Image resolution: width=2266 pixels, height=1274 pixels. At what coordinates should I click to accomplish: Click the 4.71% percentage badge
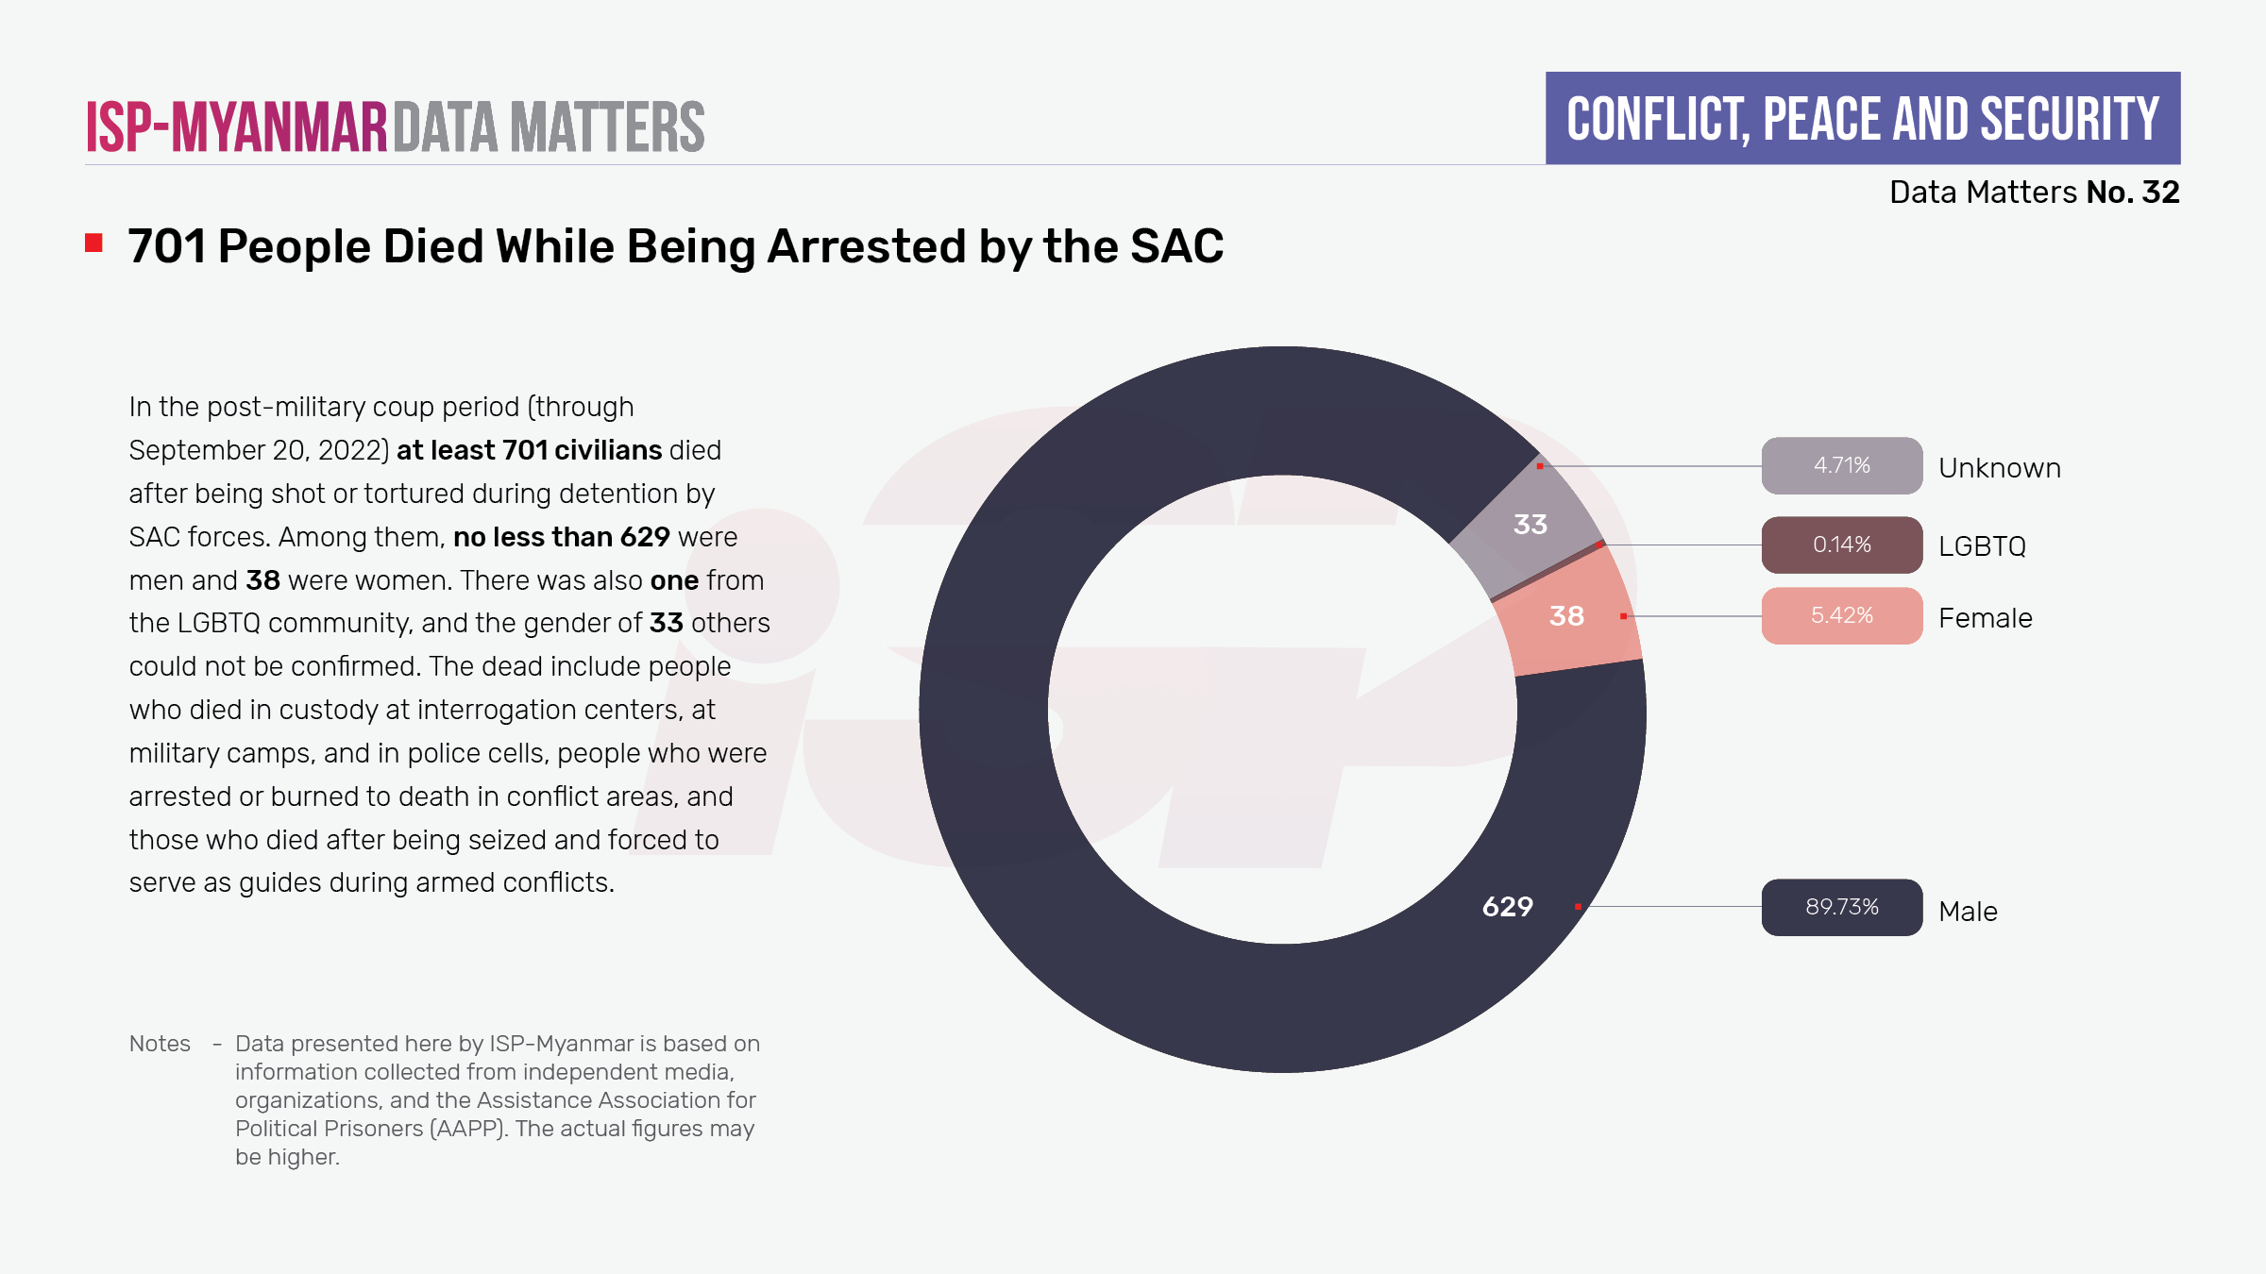pyautogui.click(x=1841, y=465)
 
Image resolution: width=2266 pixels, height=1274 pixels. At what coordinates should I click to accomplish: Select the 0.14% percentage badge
pyautogui.click(x=1841, y=545)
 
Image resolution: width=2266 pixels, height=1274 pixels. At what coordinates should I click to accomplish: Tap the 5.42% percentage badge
pyautogui.click(x=1841, y=615)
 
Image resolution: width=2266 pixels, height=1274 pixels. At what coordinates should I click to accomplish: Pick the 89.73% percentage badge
pyautogui.click(x=1841, y=907)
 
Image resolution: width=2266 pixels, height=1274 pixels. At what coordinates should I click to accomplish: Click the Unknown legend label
pyautogui.click(x=1999, y=468)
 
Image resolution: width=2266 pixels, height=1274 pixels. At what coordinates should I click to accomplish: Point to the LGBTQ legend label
pyautogui.click(x=1982, y=546)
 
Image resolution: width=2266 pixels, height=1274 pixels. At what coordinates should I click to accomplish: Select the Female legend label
pyautogui.click(x=1985, y=618)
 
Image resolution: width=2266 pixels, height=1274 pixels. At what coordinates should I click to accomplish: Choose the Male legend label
pyautogui.click(x=1968, y=912)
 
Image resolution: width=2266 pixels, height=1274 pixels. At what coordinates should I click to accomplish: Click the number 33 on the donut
pyautogui.click(x=1530, y=525)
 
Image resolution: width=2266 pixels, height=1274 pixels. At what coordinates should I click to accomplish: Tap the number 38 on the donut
pyautogui.click(x=1566, y=616)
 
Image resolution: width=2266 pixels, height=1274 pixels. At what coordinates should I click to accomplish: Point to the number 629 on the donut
pyautogui.click(x=1507, y=907)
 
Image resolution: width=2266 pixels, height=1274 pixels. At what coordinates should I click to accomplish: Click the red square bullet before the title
pyautogui.click(x=93, y=243)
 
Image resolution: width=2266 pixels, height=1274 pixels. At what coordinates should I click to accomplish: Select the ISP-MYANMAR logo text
pyautogui.click(x=236, y=127)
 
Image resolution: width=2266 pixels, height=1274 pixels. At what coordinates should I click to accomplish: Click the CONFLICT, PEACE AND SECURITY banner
pyautogui.click(x=1862, y=119)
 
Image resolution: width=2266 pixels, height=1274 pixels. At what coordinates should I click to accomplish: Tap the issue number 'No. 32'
pyautogui.click(x=2132, y=193)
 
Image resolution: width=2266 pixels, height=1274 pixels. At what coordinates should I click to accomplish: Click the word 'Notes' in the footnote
pyautogui.click(x=160, y=1044)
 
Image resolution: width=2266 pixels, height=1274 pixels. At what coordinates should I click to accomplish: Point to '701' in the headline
pyautogui.click(x=167, y=247)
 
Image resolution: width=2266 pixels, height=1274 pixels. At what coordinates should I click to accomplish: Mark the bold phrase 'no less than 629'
pyautogui.click(x=561, y=537)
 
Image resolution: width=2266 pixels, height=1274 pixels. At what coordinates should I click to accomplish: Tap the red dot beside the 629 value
pyautogui.click(x=1578, y=907)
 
